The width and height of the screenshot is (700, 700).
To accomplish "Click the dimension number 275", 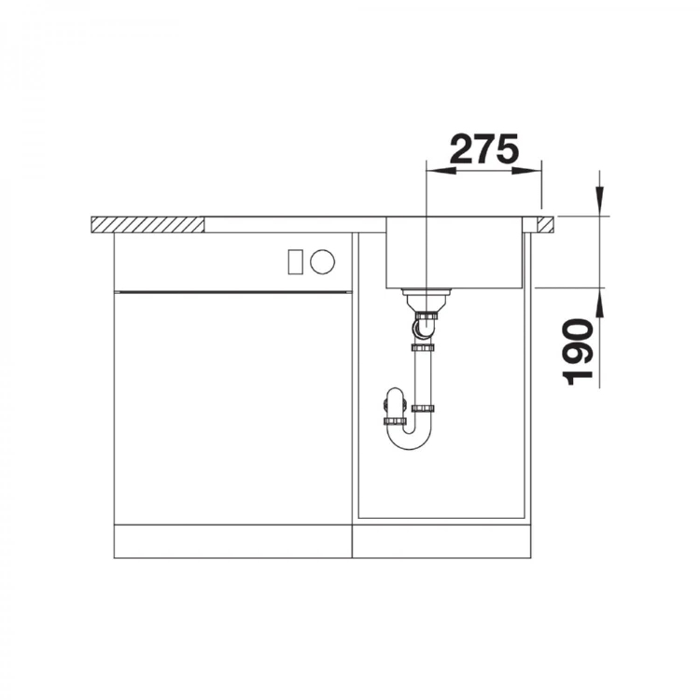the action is coord(484,149).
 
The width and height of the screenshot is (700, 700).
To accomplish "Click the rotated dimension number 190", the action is coord(580,351).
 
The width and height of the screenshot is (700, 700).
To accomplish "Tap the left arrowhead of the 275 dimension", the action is coord(441,171).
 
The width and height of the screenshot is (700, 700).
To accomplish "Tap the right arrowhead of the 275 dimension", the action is coord(526,171).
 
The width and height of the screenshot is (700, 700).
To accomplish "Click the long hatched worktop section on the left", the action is coord(147,225).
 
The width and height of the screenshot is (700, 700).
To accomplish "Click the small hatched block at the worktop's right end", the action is coord(545,225).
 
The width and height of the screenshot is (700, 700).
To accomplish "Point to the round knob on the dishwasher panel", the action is coord(322,261).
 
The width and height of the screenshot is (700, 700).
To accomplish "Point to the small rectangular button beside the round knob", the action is coord(296,261).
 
